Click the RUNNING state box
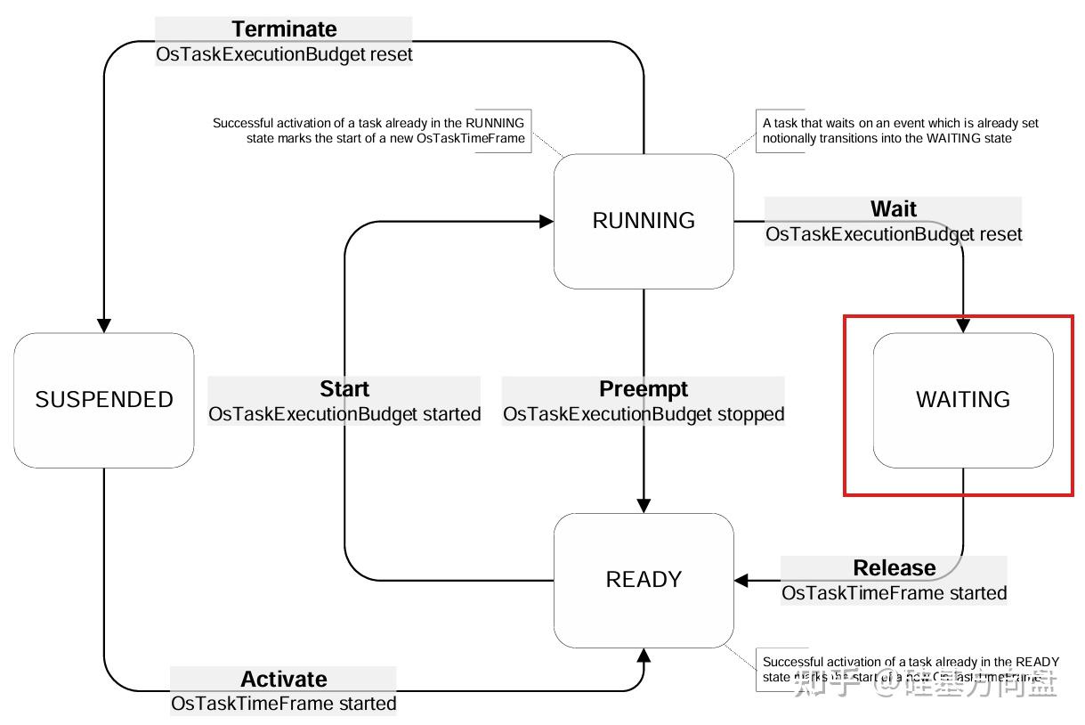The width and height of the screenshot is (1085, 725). [x=644, y=221]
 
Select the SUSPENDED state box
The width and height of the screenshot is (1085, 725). [x=104, y=400]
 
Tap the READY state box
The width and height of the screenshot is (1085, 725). [x=644, y=580]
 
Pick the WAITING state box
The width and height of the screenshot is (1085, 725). [x=963, y=400]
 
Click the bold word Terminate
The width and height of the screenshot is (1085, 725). [x=285, y=29]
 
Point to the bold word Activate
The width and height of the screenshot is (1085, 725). [x=284, y=680]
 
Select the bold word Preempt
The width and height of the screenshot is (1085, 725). [x=644, y=389]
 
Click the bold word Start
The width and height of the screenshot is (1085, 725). [x=344, y=389]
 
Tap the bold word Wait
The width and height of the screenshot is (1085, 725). [x=894, y=209]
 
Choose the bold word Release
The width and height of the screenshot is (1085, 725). [x=894, y=568]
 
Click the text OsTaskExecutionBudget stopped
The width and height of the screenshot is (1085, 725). [x=644, y=414]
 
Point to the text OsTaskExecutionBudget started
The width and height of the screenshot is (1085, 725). [x=344, y=414]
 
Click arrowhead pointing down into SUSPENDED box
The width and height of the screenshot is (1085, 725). [x=104, y=326]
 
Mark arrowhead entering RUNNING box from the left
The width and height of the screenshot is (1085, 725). [x=546, y=222]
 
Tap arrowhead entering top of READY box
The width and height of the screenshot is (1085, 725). [x=644, y=506]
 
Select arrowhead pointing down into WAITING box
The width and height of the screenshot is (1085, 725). [x=963, y=326]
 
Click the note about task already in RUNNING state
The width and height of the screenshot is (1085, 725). [x=368, y=131]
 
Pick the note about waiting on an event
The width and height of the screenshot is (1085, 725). [x=900, y=131]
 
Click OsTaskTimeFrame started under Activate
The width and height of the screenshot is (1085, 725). [x=284, y=704]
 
